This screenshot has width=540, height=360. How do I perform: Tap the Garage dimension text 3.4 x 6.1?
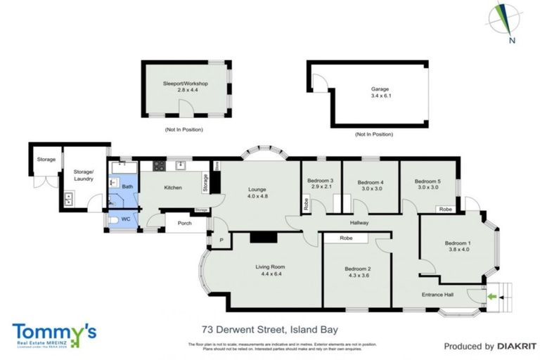(380, 96)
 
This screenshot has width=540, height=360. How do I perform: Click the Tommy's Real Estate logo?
(54, 333)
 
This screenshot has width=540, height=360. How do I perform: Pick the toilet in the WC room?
(115, 221)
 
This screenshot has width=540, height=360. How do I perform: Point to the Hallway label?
(359, 223)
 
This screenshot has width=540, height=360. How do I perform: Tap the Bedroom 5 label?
(427, 180)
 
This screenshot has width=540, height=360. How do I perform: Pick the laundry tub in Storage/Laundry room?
(69, 198)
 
